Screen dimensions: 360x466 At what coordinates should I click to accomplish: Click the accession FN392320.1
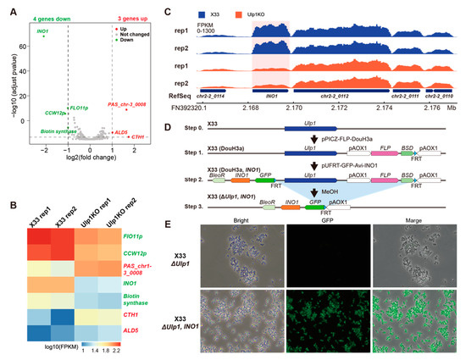point(220,108)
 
